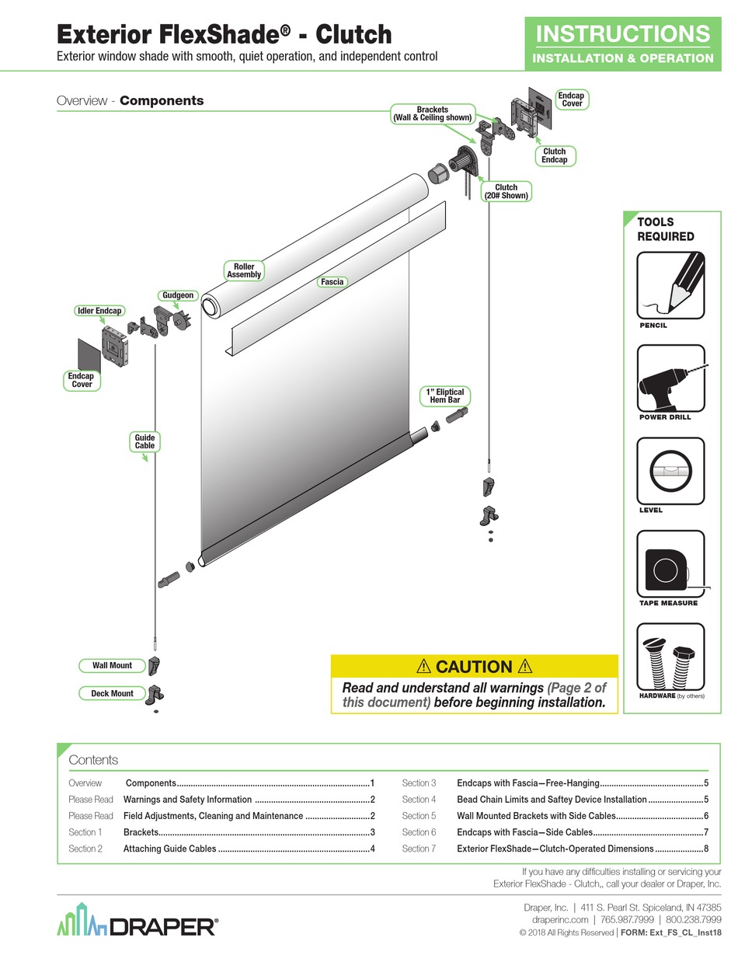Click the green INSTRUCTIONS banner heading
tap(623, 34)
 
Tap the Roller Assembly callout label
tap(244, 270)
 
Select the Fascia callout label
tap(332, 282)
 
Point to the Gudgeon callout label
tap(178, 295)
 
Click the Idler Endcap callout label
tap(99, 311)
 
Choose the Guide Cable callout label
tap(144, 442)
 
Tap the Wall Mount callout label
tap(112, 665)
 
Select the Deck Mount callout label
tap(112, 693)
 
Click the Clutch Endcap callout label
tap(555, 156)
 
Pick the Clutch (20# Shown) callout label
tap(506, 192)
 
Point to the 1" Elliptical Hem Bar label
tap(445, 396)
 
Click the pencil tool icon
tap(670, 284)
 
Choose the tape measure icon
tap(670, 564)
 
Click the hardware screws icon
tap(670, 657)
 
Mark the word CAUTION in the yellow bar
tap(474, 667)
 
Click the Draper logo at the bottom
tap(138, 924)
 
